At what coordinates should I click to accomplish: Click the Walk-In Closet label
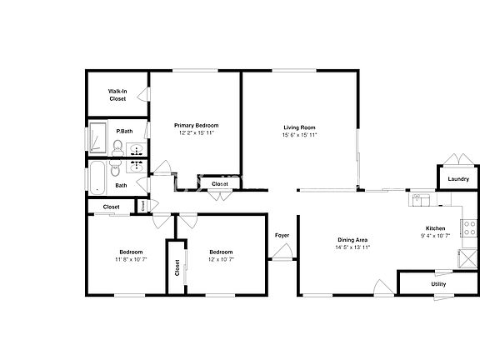click(117, 95)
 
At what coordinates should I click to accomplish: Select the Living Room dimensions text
click(299, 134)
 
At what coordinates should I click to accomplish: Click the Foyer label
click(282, 236)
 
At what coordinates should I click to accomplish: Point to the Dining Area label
click(352, 240)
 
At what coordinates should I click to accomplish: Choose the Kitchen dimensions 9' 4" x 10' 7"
click(435, 236)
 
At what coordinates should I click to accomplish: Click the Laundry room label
click(457, 179)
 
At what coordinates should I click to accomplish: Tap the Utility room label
click(438, 284)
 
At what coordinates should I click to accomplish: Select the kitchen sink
click(422, 200)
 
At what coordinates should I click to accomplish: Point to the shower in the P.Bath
click(97, 137)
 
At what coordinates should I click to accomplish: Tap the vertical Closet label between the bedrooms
click(177, 267)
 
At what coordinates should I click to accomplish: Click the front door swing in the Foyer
click(282, 254)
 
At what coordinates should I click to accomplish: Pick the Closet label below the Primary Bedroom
click(220, 184)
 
